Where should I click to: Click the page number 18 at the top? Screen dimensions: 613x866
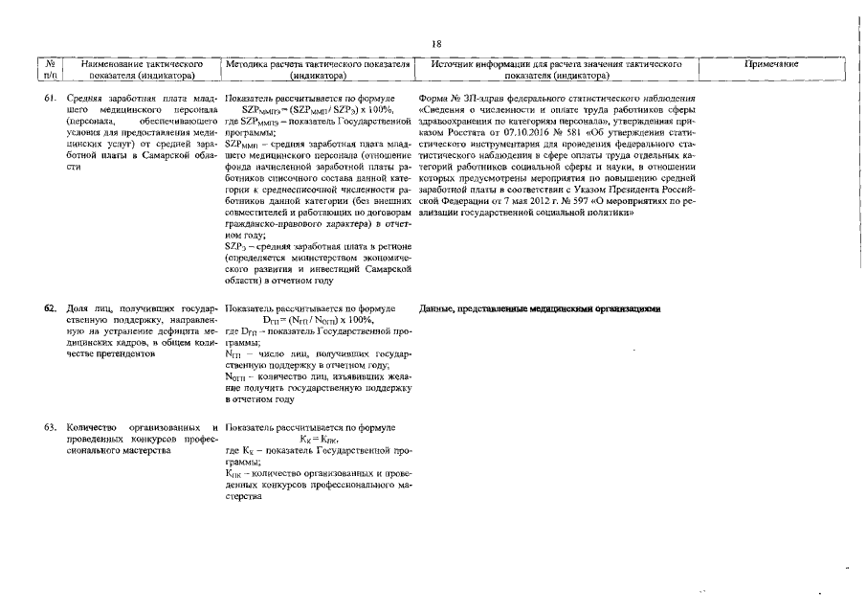coord(436,44)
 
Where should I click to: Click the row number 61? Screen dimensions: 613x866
coord(52,99)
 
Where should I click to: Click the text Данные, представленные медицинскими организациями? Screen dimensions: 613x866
coord(541,309)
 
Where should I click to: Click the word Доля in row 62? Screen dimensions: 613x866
coord(78,309)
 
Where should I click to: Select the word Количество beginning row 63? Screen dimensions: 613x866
coord(91,426)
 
